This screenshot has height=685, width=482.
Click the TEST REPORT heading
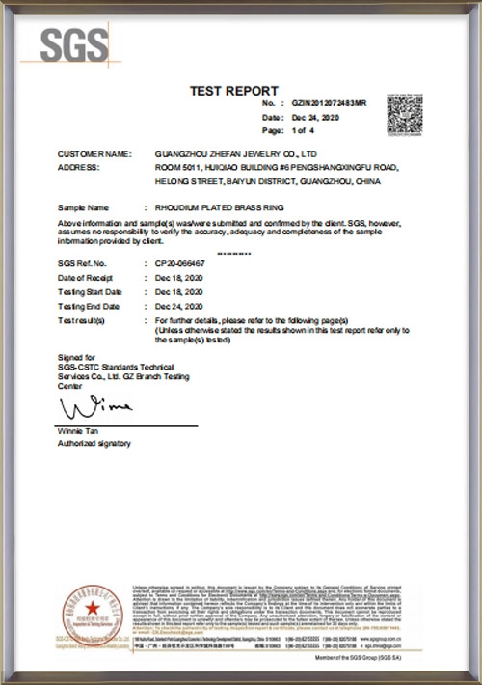[x=233, y=90]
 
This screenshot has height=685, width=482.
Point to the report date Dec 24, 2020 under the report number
[x=313, y=116]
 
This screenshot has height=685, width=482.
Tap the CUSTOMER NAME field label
[x=93, y=153]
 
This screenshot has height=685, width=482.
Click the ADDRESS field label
[x=79, y=167]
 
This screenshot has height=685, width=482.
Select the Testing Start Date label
[x=91, y=291]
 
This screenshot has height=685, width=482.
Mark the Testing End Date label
[x=90, y=306]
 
